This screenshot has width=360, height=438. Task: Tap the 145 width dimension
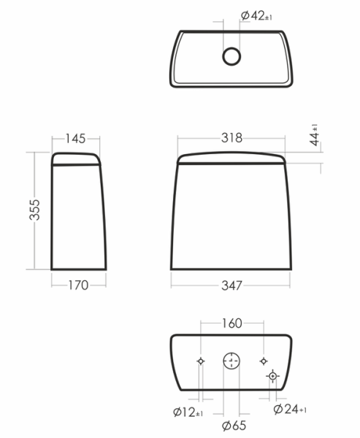point(75,139)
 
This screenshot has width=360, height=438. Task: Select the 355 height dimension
point(35,210)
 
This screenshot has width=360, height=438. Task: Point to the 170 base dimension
point(79,285)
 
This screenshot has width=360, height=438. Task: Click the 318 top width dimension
point(231,138)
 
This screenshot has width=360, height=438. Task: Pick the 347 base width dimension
point(231,285)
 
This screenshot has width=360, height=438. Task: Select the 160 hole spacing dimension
point(231,323)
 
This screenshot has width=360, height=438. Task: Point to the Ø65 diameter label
point(234,426)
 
